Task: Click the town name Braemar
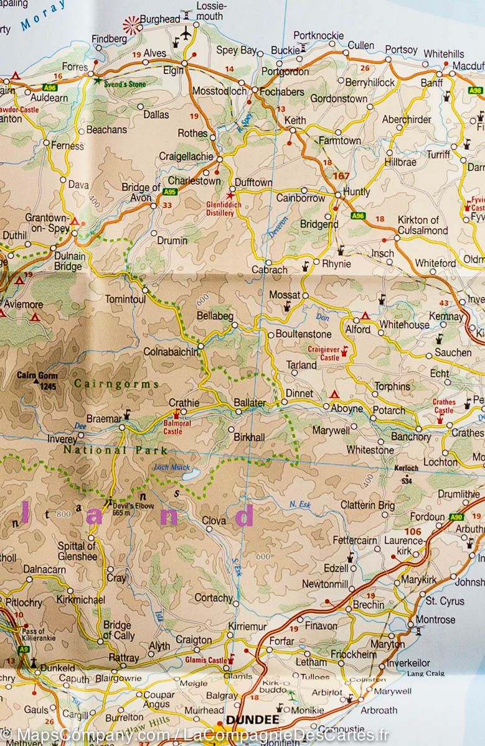[103, 418]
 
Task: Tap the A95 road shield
[170, 192]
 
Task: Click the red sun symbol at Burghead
[131, 25]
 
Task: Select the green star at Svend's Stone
[96, 80]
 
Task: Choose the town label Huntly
[356, 192]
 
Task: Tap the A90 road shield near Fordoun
[456, 517]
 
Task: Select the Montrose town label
[436, 619]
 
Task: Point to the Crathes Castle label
[444, 406]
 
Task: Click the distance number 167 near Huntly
[341, 176]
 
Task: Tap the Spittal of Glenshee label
[77, 551]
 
